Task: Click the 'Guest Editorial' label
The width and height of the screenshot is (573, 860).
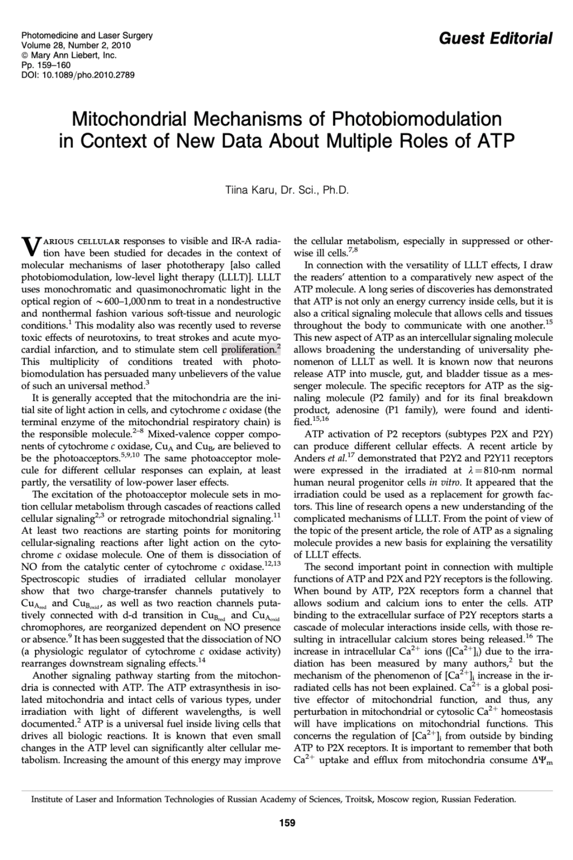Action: (x=495, y=38)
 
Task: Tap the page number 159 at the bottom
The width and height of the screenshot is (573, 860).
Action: (x=286, y=823)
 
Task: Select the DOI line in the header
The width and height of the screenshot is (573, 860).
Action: (x=77, y=74)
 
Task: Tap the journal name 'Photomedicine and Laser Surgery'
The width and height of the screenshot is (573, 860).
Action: (x=87, y=35)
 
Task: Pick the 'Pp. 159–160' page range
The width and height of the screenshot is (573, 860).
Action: (x=46, y=64)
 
